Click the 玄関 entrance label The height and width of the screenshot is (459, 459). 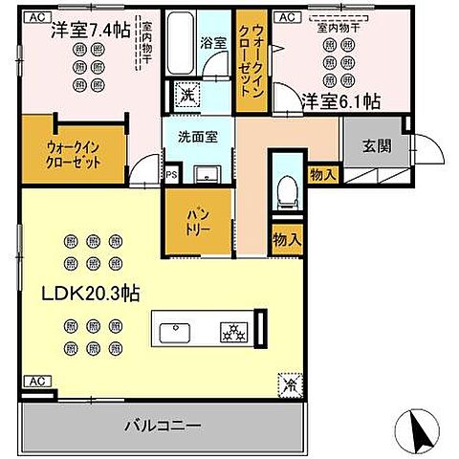click(x=376, y=146)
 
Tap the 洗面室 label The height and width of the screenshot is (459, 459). click(x=196, y=136)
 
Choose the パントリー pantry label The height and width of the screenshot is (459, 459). click(x=198, y=221)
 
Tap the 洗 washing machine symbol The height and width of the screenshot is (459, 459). click(x=187, y=95)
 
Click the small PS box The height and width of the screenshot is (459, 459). click(x=170, y=175)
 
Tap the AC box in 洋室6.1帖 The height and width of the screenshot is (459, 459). click(x=284, y=17)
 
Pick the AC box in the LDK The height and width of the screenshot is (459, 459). click(x=34, y=381)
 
